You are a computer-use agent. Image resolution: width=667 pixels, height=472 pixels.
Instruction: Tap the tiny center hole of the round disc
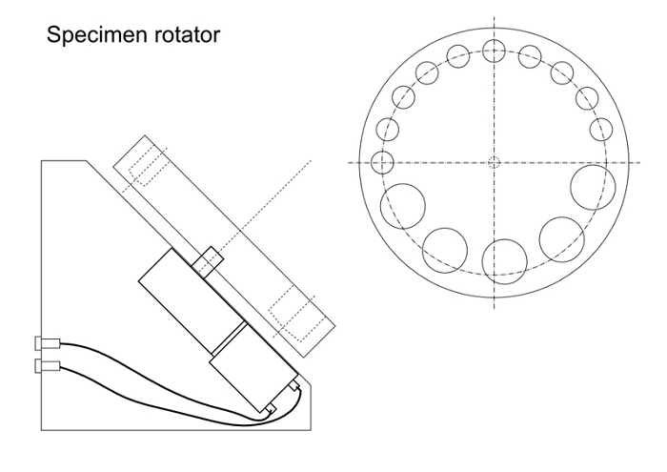[494, 162]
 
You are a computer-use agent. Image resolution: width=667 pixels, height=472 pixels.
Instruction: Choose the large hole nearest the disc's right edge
[591, 186]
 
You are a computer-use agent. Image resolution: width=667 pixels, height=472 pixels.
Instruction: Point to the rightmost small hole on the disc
[600, 129]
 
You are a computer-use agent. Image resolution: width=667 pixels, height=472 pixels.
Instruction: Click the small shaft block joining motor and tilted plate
[208, 260]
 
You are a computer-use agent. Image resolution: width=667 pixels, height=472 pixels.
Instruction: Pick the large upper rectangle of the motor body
[187, 296]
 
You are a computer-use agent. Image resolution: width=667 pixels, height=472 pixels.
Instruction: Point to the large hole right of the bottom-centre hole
[561, 238]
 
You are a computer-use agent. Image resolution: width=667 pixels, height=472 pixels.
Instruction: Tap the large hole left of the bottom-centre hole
[445, 247]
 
